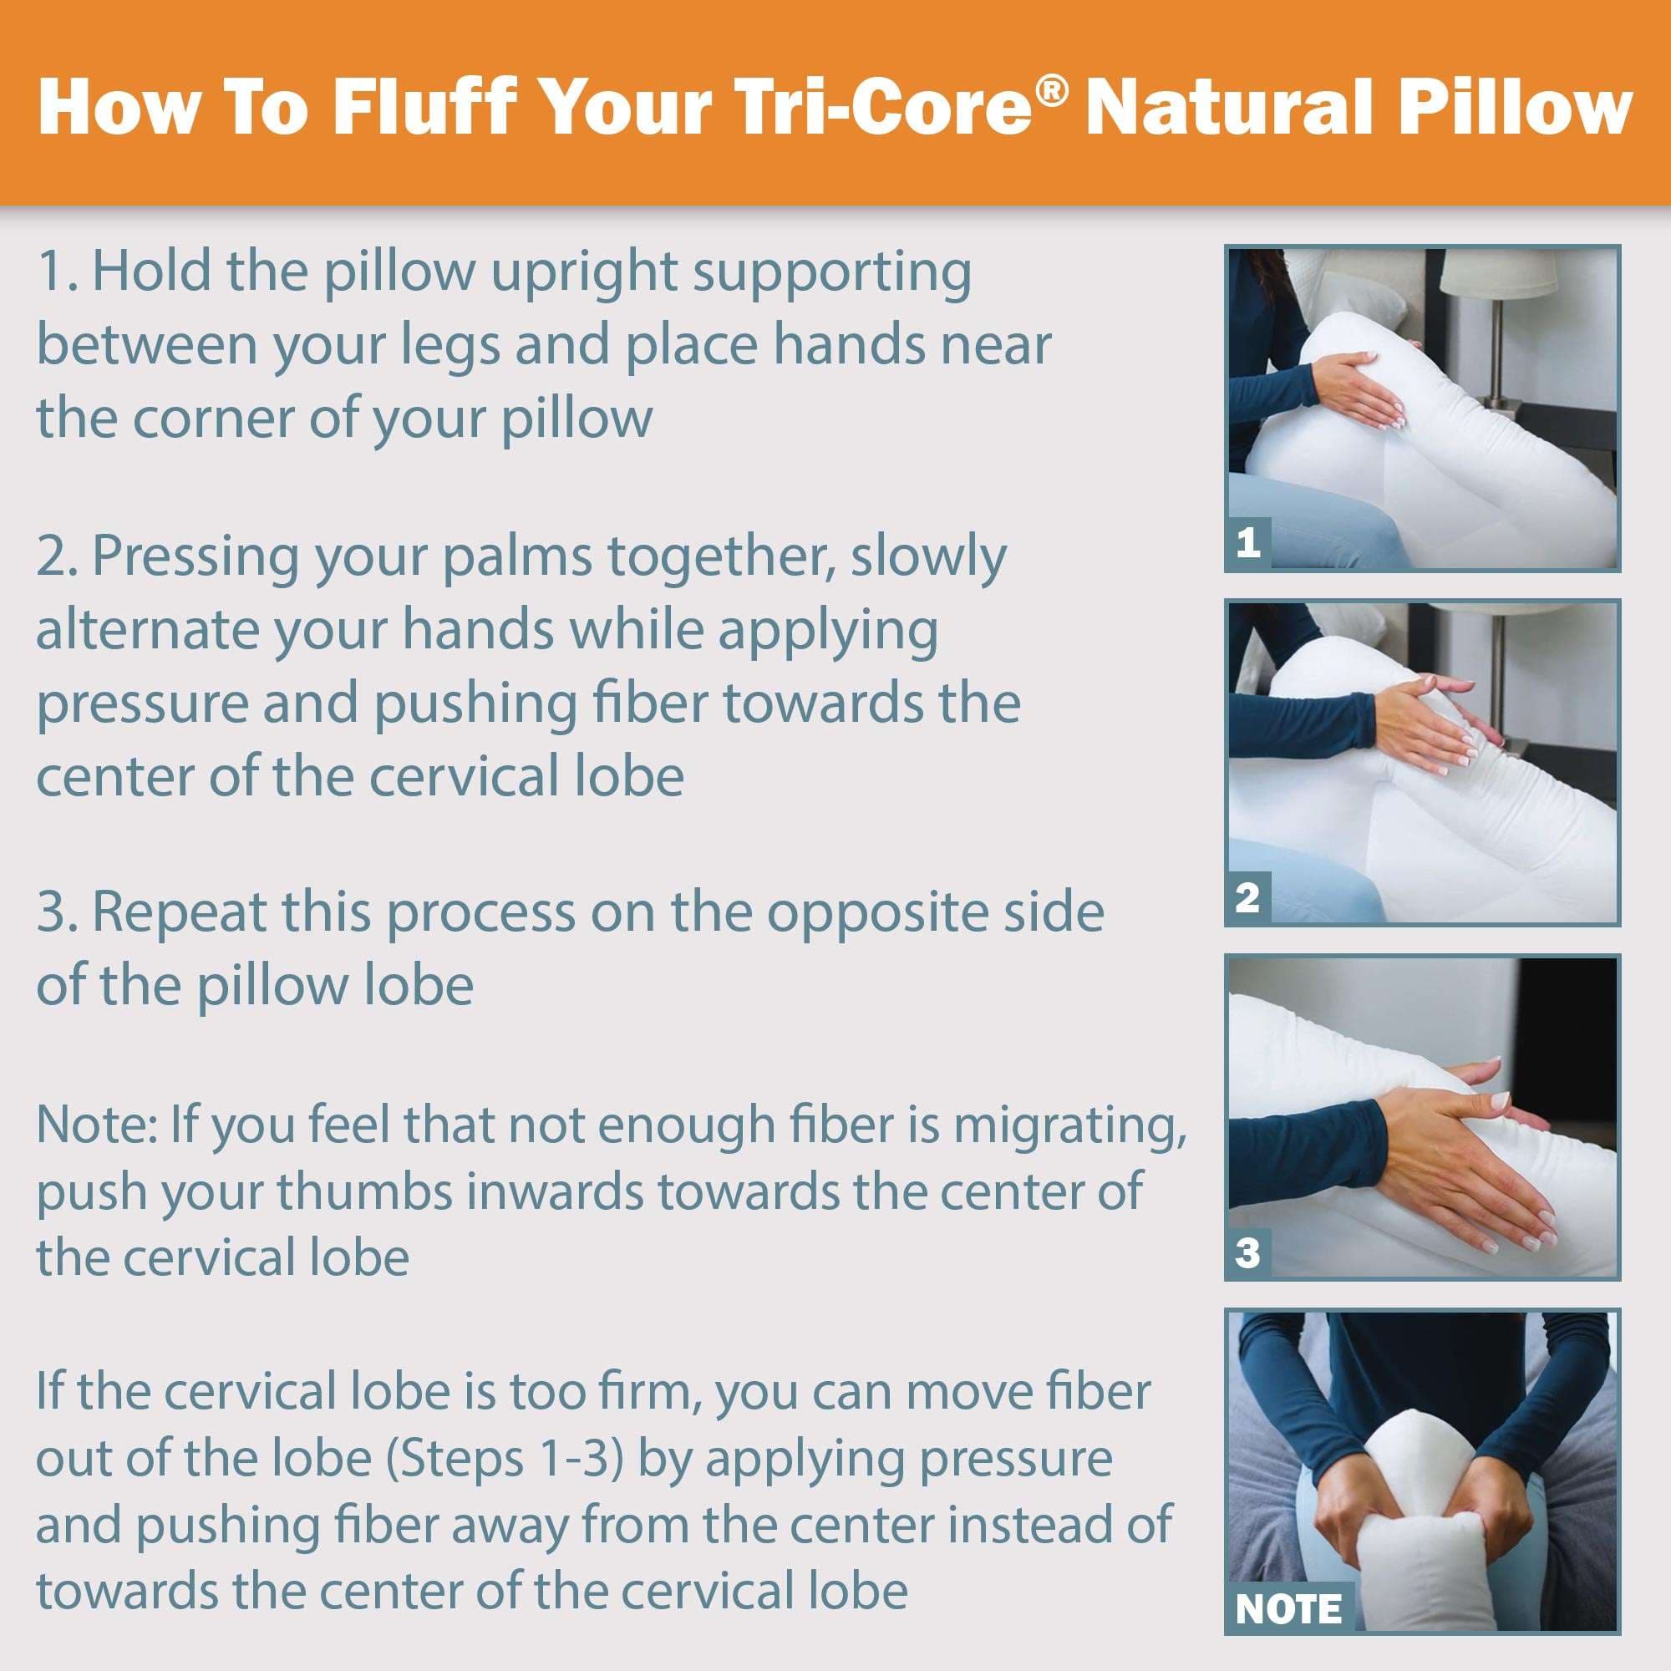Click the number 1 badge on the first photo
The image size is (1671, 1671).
coord(1247,543)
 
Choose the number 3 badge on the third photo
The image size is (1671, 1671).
coord(1247,1252)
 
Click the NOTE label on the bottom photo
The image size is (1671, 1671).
coord(1288,1608)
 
